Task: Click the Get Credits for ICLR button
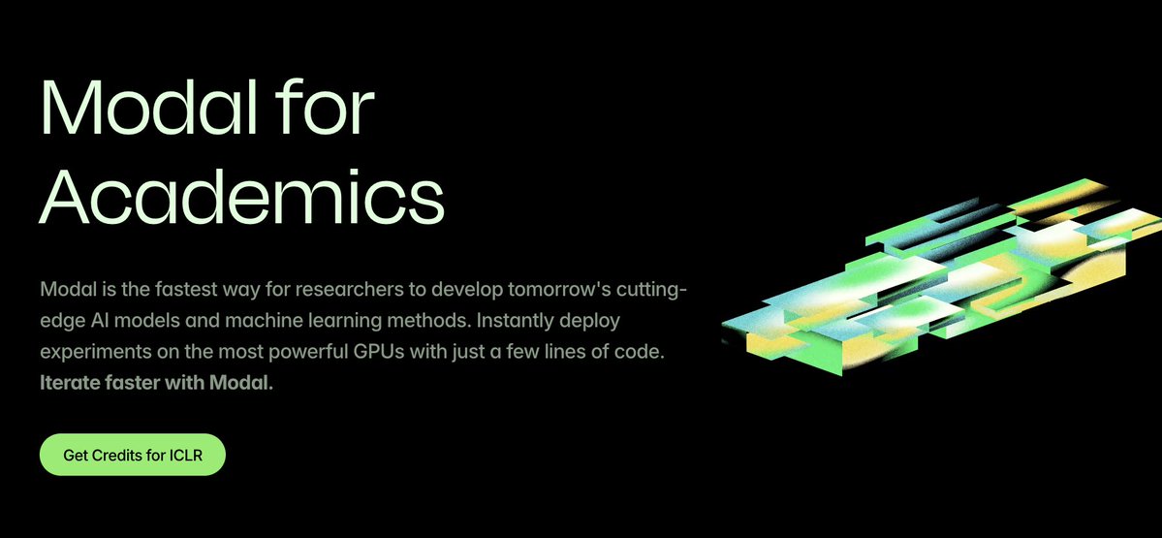click(x=132, y=455)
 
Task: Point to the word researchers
click(x=345, y=288)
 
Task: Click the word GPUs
click(x=378, y=352)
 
